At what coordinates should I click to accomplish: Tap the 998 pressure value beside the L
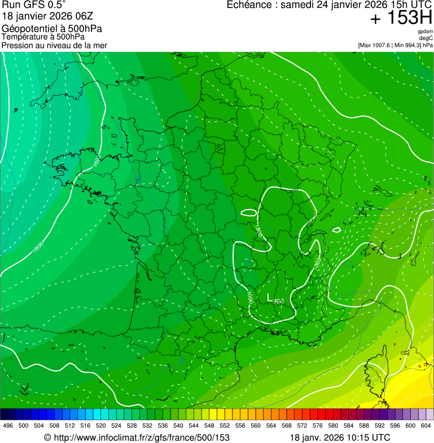278,302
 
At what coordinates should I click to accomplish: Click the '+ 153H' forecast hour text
401,19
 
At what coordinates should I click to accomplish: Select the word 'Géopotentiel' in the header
28,29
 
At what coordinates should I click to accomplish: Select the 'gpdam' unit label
425,32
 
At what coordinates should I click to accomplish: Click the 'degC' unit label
426,38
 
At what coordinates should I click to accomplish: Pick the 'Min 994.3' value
407,45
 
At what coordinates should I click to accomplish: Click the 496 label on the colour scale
8,425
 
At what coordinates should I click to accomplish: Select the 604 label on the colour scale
426,425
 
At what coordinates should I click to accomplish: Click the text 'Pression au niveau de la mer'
54,45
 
